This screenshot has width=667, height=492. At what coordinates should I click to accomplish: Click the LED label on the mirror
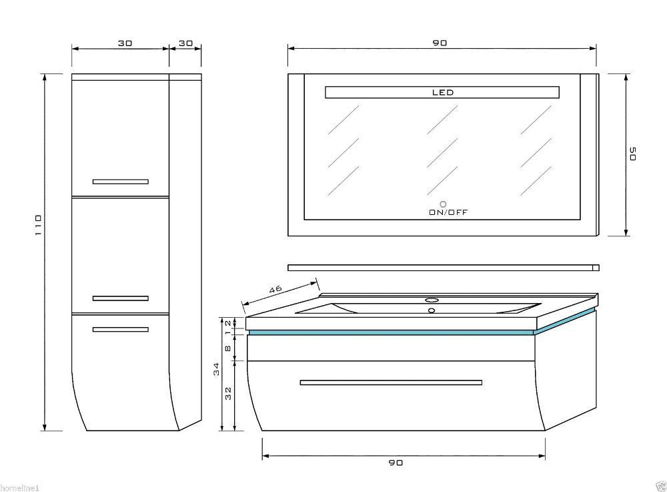click(x=443, y=92)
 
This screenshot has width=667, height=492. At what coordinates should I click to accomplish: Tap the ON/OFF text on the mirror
click(x=448, y=212)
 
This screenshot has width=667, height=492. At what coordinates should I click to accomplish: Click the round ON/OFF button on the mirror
click(x=444, y=204)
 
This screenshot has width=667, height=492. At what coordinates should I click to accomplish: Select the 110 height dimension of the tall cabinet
click(x=38, y=225)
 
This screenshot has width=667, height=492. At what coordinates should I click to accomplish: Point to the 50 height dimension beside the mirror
click(x=632, y=154)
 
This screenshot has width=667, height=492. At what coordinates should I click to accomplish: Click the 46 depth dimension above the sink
click(x=275, y=289)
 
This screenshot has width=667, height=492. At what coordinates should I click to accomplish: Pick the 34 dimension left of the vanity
click(x=217, y=368)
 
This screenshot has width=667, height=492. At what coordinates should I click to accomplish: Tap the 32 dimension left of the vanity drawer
click(x=228, y=393)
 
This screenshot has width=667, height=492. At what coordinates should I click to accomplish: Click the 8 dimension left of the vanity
click(x=228, y=348)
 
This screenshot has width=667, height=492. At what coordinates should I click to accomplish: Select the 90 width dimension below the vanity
click(x=396, y=463)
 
